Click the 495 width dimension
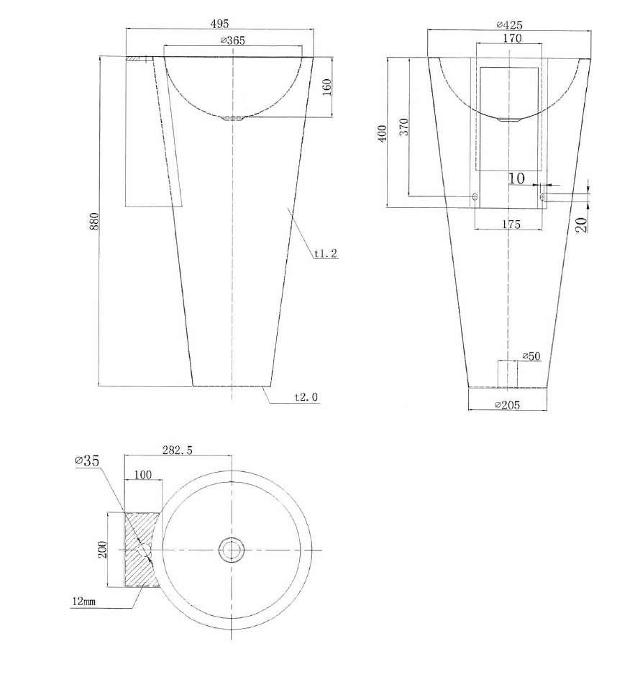point(219,23)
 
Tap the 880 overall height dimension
point(94,222)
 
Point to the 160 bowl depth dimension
point(326,87)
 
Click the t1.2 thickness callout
point(326,253)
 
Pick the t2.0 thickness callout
point(306,397)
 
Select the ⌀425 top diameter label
point(509,24)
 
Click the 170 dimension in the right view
point(512,38)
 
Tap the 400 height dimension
point(382,133)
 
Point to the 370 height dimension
point(403,127)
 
